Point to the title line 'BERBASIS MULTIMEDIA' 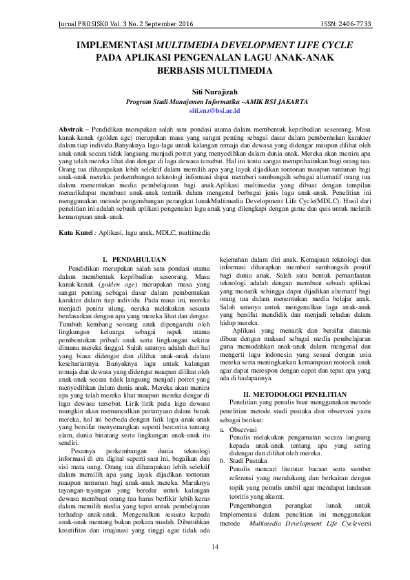[205, 70]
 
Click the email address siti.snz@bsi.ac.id [205, 110]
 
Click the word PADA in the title [108, 58]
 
